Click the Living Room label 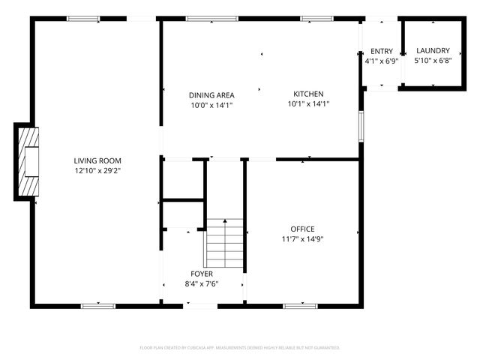pyautogui.click(x=97, y=160)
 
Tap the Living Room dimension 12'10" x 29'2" pyautogui.click(x=97, y=170)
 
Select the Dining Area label pyautogui.click(x=211, y=95)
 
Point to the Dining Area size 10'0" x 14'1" pyautogui.click(x=211, y=105)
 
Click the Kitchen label pyautogui.click(x=308, y=94)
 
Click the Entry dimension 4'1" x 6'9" pyautogui.click(x=381, y=61)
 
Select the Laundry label pyautogui.click(x=433, y=51)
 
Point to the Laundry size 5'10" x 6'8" pyautogui.click(x=433, y=61)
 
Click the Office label pyautogui.click(x=303, y=229)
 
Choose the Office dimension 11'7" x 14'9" pyautogui.click(x=303, y=239)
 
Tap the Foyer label pyautogui.click(x=202, y=274)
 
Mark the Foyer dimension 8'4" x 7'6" pyautogui.click(x=202, y=283)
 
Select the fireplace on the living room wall pyautogui.click(x=28, y=161)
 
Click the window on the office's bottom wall pyautogui.click(x=300, y=305)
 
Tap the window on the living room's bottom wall pyautogui.click(x=98, y=305)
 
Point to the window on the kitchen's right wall pyautogui.click(x=361, y=125)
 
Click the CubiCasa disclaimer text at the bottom pyautogui.click(x=240, y=348)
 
